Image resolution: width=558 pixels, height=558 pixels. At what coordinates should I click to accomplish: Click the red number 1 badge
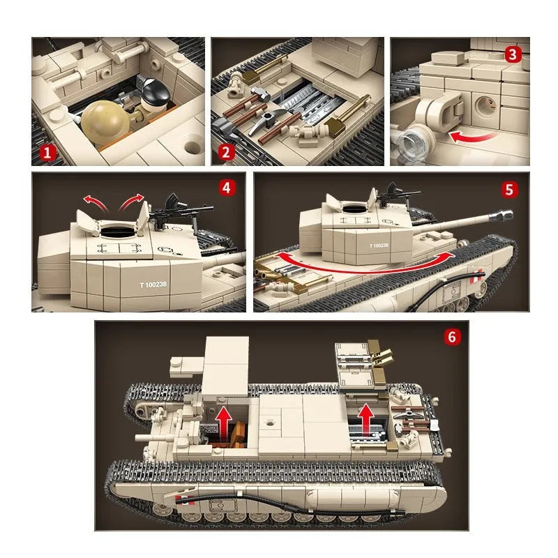click(47, 153)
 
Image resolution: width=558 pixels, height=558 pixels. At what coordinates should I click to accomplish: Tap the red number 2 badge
click(226, 152)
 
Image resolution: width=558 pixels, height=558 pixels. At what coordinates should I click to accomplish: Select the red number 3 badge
click(513, 54)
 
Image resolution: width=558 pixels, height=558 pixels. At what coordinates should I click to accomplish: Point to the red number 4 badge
click(227, 188)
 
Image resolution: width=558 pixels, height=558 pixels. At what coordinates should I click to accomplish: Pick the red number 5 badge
click(509, 190)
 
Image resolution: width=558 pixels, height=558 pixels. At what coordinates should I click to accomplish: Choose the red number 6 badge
click(452, 337)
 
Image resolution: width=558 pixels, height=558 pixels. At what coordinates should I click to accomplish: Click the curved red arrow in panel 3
click(472, 137)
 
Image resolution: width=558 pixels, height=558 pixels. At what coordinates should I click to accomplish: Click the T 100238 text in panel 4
click(153, 285)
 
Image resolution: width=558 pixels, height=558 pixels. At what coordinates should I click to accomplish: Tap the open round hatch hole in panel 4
click(119, 232)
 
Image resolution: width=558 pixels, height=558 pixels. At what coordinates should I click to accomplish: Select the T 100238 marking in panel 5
click(379, 246)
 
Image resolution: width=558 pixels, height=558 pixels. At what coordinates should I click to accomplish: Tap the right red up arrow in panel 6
click(365, 420)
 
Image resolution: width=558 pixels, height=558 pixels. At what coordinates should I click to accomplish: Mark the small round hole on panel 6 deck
click(270, 423)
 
